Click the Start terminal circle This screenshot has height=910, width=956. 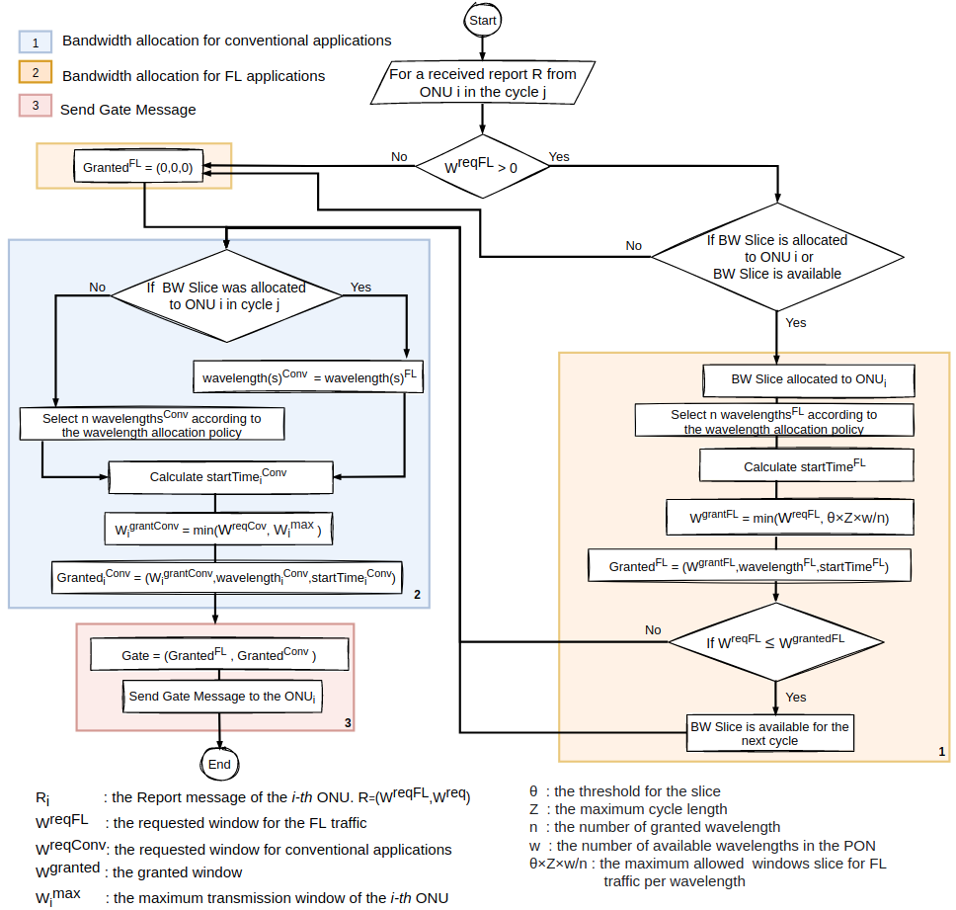(x=482, y=20)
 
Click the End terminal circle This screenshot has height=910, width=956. (x=219, y=764)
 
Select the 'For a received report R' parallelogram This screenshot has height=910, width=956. (x=482, y=82)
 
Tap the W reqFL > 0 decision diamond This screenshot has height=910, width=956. (x=482, y=166)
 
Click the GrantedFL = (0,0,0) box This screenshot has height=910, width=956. (x=138, y=166)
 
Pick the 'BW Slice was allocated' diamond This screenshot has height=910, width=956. (x=226, y=295)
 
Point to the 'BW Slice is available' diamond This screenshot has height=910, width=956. (x=777, y=257)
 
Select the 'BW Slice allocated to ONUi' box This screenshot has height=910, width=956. (x=809, y=380)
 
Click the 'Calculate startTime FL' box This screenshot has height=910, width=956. (x=806, y=465)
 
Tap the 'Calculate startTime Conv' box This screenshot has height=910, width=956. (x=220, y=477)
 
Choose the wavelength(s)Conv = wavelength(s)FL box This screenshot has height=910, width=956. (x=308, y=376)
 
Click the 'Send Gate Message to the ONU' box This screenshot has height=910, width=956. (x=222, y=697)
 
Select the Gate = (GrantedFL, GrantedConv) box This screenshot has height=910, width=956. (x=219, y=654)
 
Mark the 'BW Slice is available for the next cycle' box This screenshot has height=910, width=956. (x=770, y=733)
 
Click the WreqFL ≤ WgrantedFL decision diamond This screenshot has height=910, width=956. (x=776, y=641)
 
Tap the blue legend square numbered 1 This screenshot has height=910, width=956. (x=36, y=42)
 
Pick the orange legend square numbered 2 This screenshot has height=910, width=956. (x=36, y=72)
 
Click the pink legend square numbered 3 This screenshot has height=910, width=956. (x=36, y=105)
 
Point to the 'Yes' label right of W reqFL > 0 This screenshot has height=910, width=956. (x=559, y=157)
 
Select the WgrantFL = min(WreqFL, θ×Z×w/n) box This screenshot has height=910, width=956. (x=789, y=517)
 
